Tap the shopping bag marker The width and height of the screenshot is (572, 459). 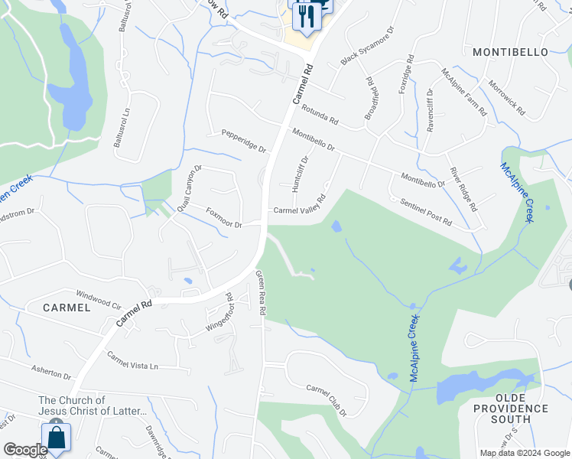[x=57, y=438]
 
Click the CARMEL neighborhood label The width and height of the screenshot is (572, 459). [x=67, y=307]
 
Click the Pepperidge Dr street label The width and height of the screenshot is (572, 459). [x=243, y=142]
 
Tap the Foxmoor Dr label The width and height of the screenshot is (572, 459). [x=223, y=218]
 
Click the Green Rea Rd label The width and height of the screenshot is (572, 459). [x=261, y=295]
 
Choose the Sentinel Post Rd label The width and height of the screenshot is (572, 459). [x=426, y=211]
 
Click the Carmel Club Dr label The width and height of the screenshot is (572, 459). [x=327, y=400]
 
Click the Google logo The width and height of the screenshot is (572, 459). [x=25, y=450]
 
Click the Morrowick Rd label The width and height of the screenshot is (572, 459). [x=506, y=98]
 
